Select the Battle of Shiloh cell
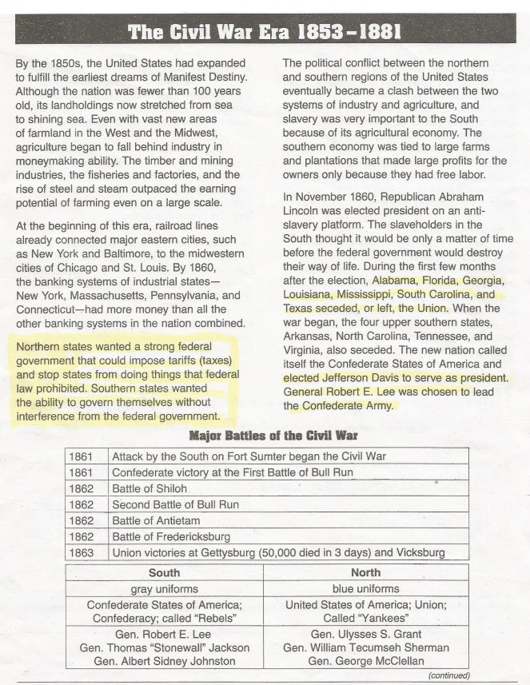click(149, 488)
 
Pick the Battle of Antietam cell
click(156, 520)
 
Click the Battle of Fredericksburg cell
click(171, 536)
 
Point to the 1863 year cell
click(82, 552)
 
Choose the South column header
click(164, 573)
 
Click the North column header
click(366, 573)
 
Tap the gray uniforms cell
click(164, 589)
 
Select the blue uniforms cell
click(366, 589)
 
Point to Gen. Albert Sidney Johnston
click(164, 660)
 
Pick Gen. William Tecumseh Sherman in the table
click(366, 647)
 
